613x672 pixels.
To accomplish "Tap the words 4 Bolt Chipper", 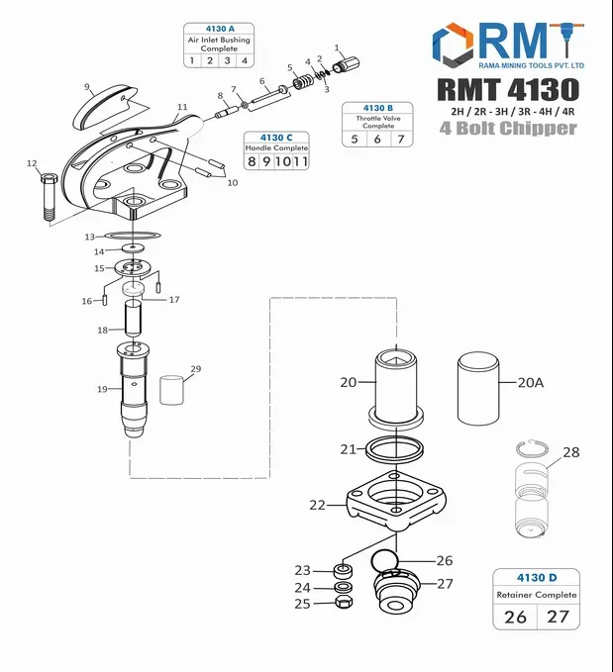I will (x=508, y=128).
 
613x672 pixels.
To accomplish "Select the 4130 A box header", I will (x=219, y=29).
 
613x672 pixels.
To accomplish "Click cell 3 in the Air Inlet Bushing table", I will (x=228, y=60).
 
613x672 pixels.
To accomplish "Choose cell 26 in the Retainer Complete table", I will (x=515, y=617).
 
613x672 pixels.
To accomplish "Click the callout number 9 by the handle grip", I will (x=87, y=86).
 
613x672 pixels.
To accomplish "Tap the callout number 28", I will (x=570, y=451).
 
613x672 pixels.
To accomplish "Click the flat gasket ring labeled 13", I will (x=127, y=238).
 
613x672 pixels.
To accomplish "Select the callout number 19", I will (x=102, y=390).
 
